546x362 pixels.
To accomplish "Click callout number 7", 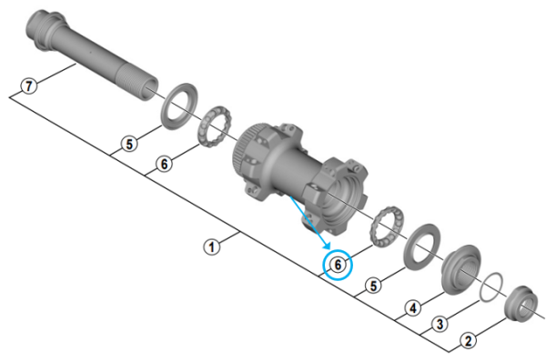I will pos(29,87).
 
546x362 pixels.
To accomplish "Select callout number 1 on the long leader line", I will pos(211,246).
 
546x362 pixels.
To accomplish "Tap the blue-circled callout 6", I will pos(339,265).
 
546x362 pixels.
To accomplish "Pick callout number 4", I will pos(413,308).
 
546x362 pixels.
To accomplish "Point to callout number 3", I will pos(440,324).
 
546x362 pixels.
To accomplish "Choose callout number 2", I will pos(467,341).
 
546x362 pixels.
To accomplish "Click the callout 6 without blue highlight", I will pos(163,164).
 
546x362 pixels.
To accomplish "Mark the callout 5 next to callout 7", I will pos(131,144).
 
